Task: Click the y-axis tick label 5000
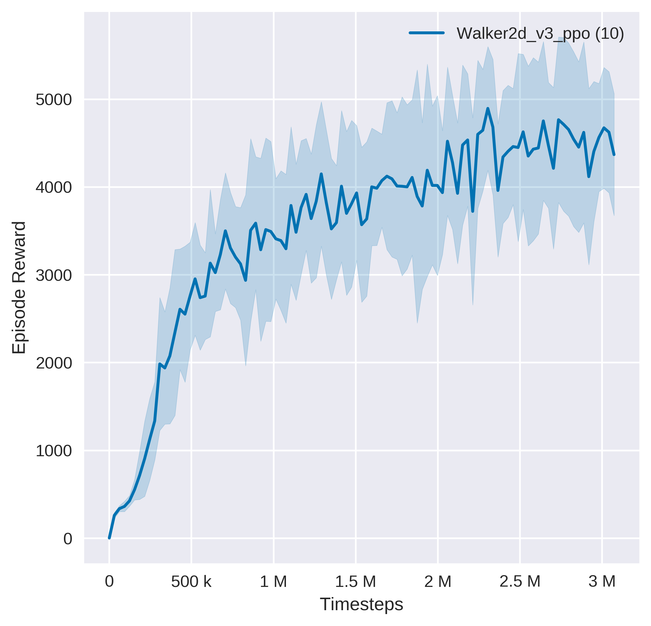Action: coord(53,100)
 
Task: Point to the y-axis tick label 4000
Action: coord(53,188)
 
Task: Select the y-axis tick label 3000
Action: coord(53,275)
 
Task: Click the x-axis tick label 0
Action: coord(109,582)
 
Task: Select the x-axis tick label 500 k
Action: coord(191,582)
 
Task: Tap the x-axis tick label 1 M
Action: coord(273,582)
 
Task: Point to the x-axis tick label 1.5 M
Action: coord(355,582)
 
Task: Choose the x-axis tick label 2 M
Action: coord(438,582)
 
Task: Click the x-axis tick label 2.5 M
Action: coord(520,582)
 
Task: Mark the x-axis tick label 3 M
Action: coord(602,582)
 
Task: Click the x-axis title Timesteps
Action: coord(361,604)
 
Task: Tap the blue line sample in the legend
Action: coord(427,33)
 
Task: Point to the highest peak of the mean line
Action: coord(488,109)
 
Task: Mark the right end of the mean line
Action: coord(614,155)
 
